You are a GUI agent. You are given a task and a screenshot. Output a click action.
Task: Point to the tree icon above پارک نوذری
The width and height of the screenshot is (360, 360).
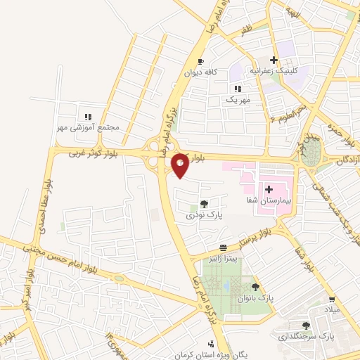204,204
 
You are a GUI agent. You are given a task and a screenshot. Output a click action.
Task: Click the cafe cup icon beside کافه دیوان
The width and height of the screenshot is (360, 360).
202,61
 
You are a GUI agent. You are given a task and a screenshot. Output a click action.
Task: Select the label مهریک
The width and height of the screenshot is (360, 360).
238,101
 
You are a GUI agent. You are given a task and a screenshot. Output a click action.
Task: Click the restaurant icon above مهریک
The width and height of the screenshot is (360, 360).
238,89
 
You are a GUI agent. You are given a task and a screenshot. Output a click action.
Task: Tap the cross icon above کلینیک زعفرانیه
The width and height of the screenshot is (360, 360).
274,60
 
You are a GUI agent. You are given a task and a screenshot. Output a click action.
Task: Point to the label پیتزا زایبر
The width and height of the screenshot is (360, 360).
223,259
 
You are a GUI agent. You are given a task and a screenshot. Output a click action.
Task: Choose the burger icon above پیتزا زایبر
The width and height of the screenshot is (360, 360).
223,247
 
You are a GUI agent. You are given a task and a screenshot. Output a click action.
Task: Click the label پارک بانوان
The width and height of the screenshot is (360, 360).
255,299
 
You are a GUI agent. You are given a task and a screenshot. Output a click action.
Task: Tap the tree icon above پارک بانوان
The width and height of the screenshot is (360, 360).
255,287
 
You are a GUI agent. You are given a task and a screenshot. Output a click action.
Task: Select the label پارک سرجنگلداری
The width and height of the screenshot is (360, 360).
307,337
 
